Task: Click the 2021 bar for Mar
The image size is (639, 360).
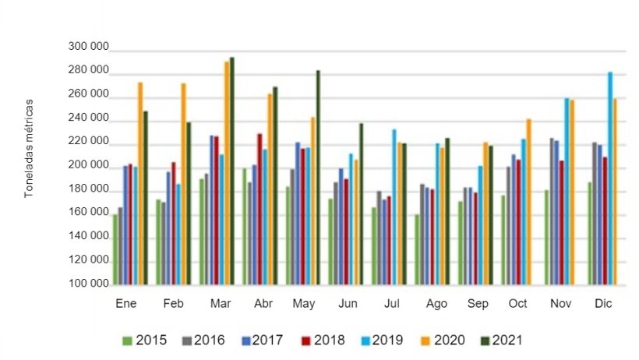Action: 231,171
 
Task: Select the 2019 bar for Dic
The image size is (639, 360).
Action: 610,179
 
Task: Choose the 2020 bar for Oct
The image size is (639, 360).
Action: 528,203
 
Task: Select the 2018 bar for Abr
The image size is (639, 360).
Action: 259,210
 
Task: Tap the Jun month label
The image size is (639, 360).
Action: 348,303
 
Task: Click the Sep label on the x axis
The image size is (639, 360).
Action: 477,303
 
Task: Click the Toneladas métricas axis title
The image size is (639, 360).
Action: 29,148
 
